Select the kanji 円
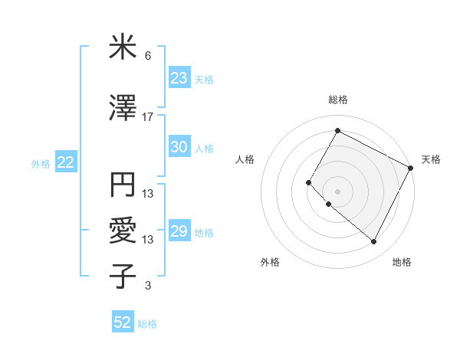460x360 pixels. tap(122, 185)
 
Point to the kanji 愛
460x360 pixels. tap(122, 230)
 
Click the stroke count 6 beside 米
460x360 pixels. tap(148, 56)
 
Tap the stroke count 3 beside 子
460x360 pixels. tap(148, 286)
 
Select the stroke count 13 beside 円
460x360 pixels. tap(148, 193)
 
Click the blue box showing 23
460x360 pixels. tap(179, 78)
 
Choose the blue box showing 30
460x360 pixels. tap(179, 148)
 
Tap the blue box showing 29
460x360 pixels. tap(179, 232)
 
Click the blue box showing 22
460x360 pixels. tap(65, 162)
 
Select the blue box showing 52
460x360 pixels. tap(122, 322)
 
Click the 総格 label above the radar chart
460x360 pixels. tap(337, 100)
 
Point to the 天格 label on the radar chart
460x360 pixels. tap(431, 159)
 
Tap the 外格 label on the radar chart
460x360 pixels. tap(269, 262)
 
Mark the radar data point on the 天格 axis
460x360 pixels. tap(410, 168)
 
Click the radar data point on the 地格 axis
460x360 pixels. tap(373, 242)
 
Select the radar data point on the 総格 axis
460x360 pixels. tap(337, 130)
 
